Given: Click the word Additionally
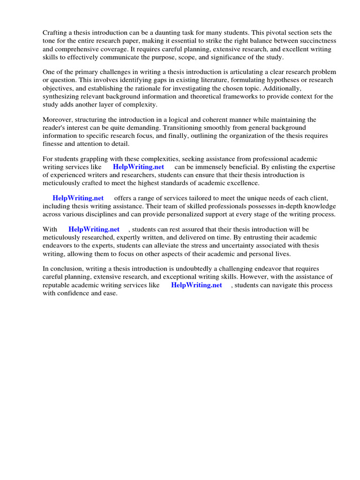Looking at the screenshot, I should (283, 88).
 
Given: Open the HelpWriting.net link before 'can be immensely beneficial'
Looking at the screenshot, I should (138, 167).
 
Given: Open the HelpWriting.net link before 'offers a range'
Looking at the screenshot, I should (78, 198).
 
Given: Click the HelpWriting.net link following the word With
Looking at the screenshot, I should (94, 230).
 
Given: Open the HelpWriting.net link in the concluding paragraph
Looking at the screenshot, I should (196, 285).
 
